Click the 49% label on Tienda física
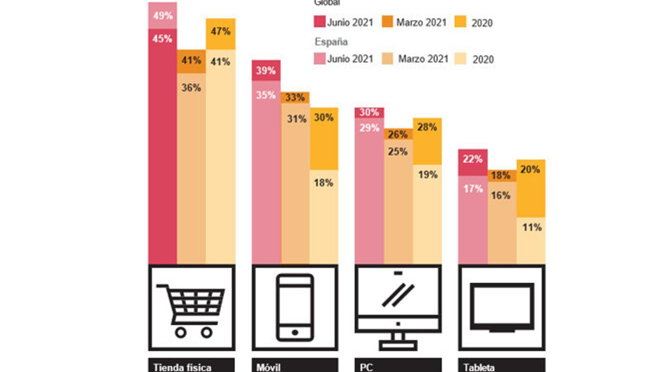163,16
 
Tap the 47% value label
220,31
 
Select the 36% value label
191,88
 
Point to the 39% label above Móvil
266,71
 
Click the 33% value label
295,98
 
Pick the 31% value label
297,119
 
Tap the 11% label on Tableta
532,227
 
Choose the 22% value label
472,159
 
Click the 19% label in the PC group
428,175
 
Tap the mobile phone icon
295,308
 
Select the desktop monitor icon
398,308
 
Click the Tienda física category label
182,367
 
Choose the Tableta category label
479,367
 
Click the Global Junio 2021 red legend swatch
319,21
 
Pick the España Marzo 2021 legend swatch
387,59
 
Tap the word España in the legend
331,42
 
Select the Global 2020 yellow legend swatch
460,21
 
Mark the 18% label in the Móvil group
323,183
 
